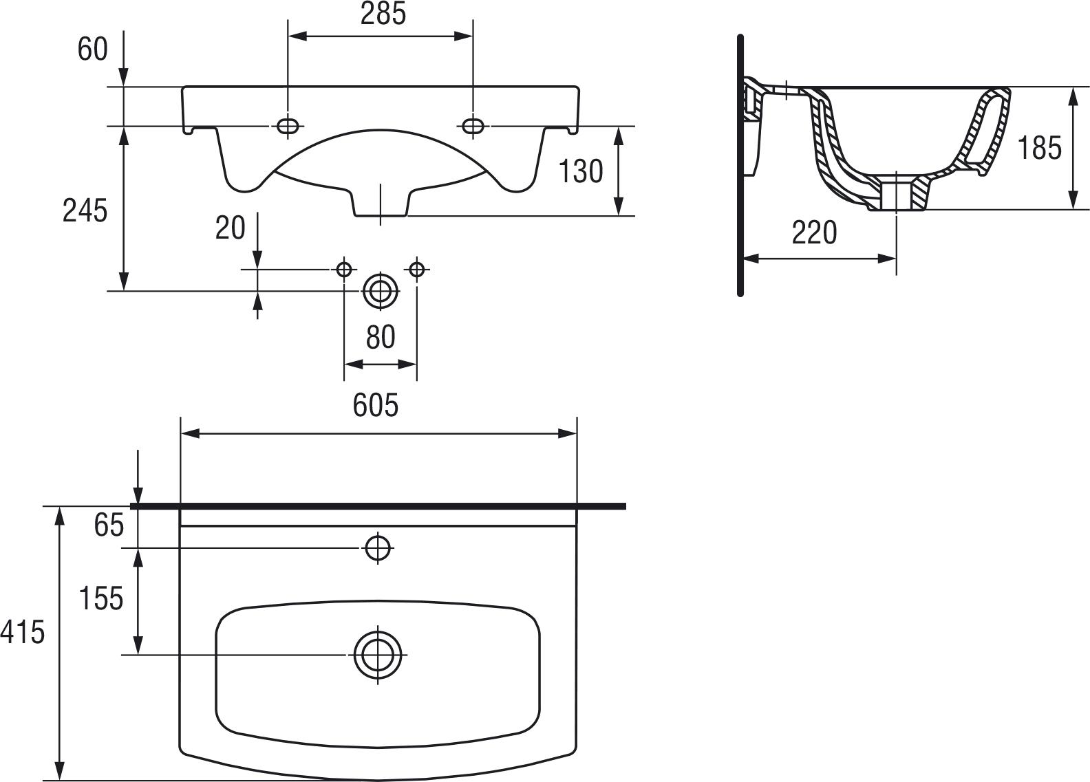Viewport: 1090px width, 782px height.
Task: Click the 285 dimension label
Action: (383, 14)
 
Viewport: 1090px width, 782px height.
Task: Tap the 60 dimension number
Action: (93, 50)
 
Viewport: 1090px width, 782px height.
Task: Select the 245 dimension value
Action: (85, 210)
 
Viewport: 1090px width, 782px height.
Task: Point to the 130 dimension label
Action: (580, 171)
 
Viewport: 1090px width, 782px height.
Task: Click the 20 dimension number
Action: (230, 228)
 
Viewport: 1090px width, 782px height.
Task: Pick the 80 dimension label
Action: (381, 338)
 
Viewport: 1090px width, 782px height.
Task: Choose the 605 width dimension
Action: (376, 406)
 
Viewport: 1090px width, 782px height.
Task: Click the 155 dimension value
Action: (100, 598)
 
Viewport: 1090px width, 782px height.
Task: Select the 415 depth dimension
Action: (22, 632)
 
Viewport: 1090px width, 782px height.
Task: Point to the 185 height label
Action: (1039, 148)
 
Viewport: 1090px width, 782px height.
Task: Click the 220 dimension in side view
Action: (814, 233)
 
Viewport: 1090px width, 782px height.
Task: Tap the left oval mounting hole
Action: (288, 126)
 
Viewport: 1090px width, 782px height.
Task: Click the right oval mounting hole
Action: (473, 126)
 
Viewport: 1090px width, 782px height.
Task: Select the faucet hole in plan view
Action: (378, 547)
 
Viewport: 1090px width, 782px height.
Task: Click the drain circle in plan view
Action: (378, 654)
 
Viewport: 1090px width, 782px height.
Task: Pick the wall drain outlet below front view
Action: (381, 292)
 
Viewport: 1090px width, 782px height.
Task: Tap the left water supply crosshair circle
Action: (344, 269)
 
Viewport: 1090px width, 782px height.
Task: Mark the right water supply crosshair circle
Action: (417, 269)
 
